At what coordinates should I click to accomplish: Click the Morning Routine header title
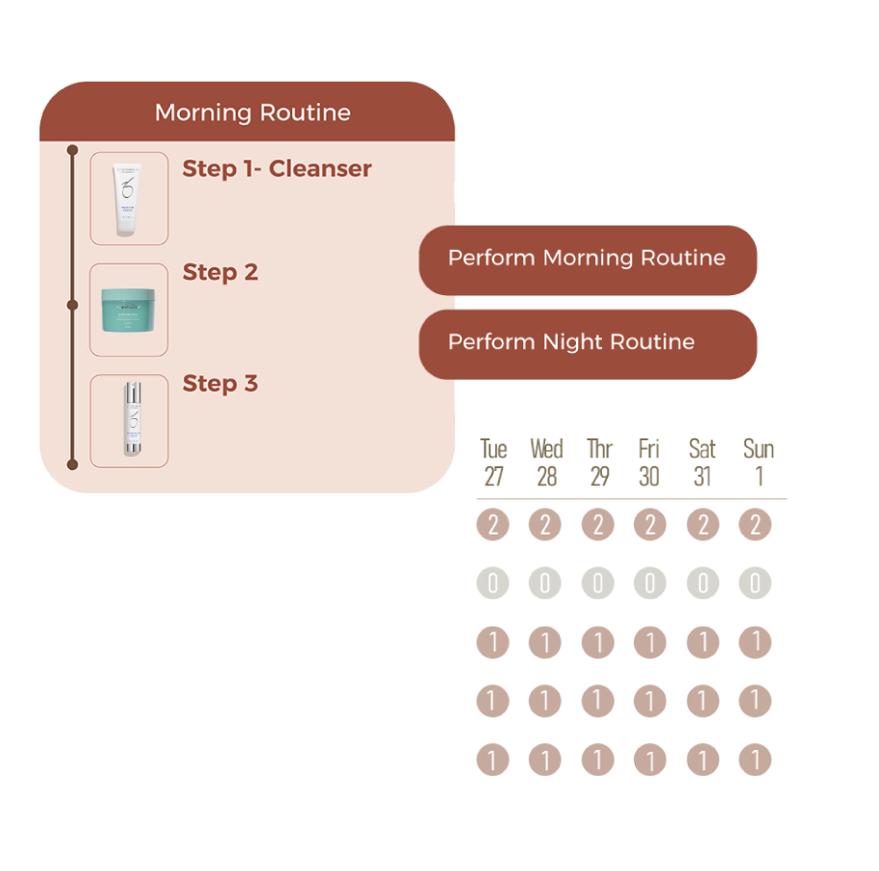point(252,112)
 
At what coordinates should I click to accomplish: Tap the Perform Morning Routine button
point(587,259)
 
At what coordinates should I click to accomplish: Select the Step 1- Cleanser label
point(277,169)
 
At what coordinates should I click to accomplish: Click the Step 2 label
point(220,273)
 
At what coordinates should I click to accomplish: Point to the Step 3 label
point(220,385)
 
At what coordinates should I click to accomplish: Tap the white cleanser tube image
point(129,199)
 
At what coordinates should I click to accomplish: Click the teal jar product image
point(129,310)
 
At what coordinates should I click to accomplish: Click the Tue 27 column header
point(493,462)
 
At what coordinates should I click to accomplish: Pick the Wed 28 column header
point(546,462)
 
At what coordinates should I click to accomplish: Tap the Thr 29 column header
point(599,462)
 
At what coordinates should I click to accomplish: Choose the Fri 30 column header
point(649,462)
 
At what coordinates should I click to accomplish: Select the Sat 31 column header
point(702,462)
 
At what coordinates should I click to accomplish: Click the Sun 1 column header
point(758,462)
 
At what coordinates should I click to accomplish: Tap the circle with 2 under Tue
point(492,525)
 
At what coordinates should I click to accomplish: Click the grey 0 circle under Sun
point(755,584)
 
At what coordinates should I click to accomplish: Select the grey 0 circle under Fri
point(649,584)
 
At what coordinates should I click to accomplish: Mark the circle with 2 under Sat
point(702,525)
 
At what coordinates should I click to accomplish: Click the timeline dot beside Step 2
point(72,305)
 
